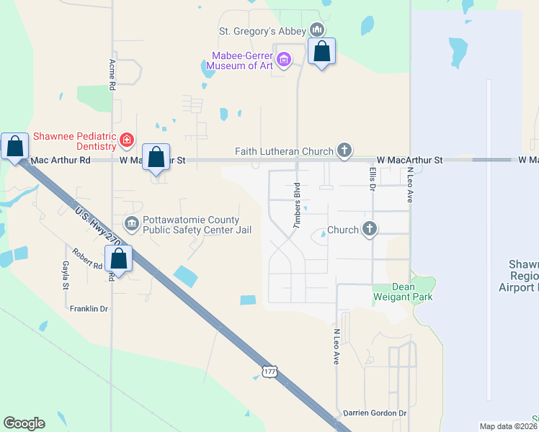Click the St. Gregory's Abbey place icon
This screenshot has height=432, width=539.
[316, 30]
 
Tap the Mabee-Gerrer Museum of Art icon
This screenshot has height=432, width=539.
[284, 59]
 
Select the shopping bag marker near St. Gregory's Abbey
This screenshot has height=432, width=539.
[322, 52]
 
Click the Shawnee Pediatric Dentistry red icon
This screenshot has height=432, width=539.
[127, 139]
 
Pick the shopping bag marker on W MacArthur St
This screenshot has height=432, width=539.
[156, 157]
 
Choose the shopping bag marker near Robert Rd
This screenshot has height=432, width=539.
[119, 258]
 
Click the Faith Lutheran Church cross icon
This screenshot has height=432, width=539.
[344, 150]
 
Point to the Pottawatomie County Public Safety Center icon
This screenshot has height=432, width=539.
[131, 223]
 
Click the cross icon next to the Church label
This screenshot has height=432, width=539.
[370, 229]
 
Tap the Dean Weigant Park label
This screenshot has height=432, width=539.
[394, 292]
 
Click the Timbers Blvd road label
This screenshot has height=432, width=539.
[296, 206]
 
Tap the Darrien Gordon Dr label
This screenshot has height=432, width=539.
[374, 413]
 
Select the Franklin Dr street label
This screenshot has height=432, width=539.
[89, 309]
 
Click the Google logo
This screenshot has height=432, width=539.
[24, 423]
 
